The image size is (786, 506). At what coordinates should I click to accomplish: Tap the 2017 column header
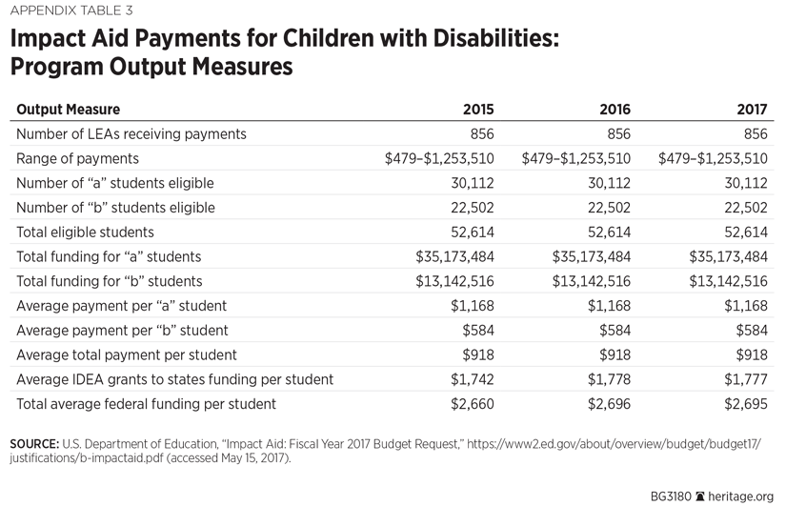click(x=751, y=110)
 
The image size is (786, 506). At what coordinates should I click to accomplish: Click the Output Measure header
click(x=69, y=110)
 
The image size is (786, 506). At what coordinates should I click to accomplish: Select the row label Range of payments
click(x=77, y=158)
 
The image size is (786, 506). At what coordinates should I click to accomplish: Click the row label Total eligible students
click(x=85, y=232)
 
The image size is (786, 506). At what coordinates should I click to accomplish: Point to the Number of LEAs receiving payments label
click(x=131, y=133)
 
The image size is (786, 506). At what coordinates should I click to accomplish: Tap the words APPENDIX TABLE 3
click(x=72, y=11)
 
